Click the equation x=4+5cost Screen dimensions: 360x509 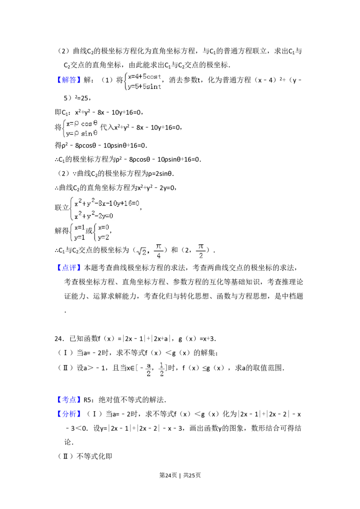point(144,76)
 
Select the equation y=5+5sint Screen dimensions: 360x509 point(144,87)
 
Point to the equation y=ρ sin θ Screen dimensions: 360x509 point(82,134)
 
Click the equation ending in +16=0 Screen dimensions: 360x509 point(107,203)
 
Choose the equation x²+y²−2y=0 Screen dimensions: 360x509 point(94,215)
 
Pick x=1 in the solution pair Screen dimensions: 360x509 point(79,227)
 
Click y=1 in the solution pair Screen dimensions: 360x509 point(79,237)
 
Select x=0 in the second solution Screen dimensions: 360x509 point(103,227)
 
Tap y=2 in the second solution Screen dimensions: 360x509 point(103,237)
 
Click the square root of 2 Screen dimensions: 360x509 point(142,252)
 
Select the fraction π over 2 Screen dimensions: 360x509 point(201,250)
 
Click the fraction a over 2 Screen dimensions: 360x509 point(147,369)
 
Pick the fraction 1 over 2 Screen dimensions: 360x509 point(162,369)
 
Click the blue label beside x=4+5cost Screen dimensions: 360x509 point(70,80)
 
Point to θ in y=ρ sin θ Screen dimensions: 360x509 point(95,134)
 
